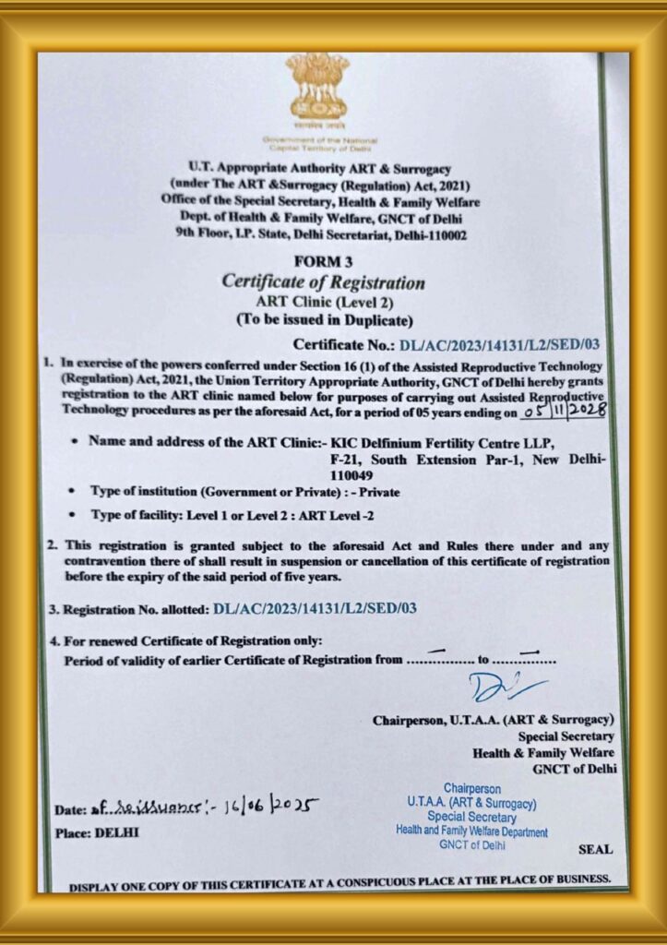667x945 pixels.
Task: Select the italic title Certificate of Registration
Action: pyautogui.click(x=324, y=282)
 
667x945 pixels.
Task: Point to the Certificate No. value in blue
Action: pyautogui.click(x=499, y=346)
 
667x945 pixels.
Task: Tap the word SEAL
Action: pyautogui.click(x=593, y=848)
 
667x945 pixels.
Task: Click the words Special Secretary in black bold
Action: pyautogui.click(x=566, y=736)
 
